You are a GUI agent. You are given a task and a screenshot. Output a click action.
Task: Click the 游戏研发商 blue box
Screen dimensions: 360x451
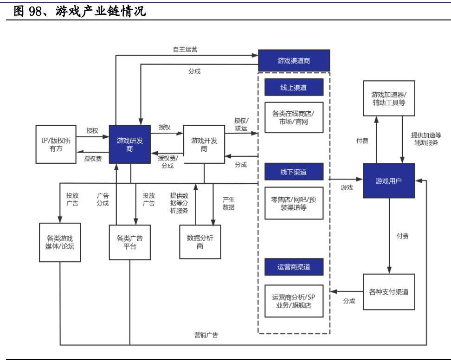click(130, 144)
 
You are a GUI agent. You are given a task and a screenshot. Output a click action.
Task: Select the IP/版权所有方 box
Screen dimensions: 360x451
click(56, 144)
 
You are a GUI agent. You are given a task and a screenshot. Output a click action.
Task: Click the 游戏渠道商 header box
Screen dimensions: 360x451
click(294, 60)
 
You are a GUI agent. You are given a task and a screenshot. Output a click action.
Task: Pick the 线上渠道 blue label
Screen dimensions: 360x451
click(293, 87)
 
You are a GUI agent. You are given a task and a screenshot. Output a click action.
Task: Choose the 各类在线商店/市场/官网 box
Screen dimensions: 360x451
click(293, 117)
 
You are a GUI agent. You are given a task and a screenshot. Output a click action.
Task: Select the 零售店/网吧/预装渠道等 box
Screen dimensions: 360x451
click(293, 202)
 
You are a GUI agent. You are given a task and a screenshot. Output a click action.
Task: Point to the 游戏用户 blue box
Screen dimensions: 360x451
click(389, 181)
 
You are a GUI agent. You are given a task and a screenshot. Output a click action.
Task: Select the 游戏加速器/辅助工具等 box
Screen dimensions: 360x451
click(389, 99)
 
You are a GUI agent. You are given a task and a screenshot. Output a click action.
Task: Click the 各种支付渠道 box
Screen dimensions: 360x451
click(389, 292)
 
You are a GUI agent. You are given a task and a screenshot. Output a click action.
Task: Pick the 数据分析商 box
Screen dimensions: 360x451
click(198, 242)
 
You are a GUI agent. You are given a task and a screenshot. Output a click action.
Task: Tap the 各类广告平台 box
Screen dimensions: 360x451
click(129, 242)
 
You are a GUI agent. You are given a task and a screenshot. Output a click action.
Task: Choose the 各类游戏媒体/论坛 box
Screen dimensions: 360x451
click(60, 242)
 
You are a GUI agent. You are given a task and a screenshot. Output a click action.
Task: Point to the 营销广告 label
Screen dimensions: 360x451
click(206, 335)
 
